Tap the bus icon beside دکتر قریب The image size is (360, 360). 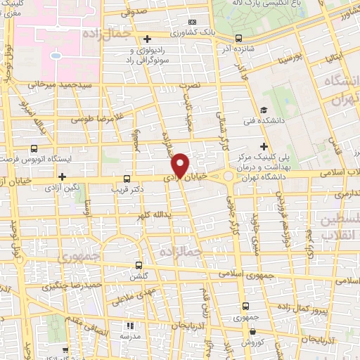point(127,179)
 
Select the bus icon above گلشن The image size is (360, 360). point(139,266)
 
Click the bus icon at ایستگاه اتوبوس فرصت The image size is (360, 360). point(34,149)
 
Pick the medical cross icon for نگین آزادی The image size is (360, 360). point(63,176)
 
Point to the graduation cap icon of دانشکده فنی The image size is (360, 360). point(263,110)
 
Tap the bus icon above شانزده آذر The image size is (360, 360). point(238,39)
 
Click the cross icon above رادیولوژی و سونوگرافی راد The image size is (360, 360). point(146,39)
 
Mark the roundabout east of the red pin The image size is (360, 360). point(228,176)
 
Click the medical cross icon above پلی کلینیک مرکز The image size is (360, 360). point(263,146)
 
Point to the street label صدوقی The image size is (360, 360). point(134,13)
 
